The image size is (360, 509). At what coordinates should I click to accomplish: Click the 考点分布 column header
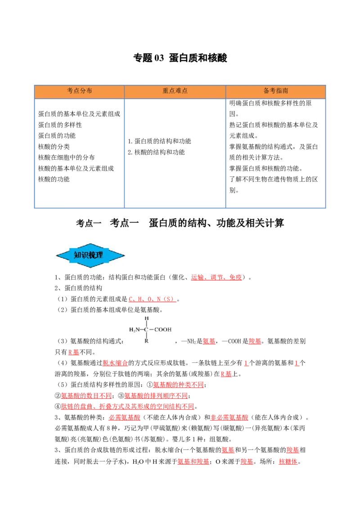[80, 91]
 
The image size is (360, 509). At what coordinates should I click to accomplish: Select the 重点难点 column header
[175, 91]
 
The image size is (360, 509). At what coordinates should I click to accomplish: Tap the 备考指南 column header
[275, 91]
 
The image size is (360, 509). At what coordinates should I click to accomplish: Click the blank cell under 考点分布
[79, 152]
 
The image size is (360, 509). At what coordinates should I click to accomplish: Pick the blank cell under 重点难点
[175, 152]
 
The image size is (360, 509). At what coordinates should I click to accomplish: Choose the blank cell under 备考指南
[275, 152]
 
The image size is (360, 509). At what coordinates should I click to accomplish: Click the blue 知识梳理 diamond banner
[90, 255]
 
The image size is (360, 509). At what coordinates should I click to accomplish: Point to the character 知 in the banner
[77, 255]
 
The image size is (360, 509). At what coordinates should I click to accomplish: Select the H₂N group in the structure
[134, 330]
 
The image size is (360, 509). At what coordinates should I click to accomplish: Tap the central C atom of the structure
[146, 330]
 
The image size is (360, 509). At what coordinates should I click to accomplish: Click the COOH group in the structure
[163, 330]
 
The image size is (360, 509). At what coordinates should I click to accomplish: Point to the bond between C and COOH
[152, 330]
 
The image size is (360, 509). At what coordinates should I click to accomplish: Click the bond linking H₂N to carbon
[141, 330]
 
